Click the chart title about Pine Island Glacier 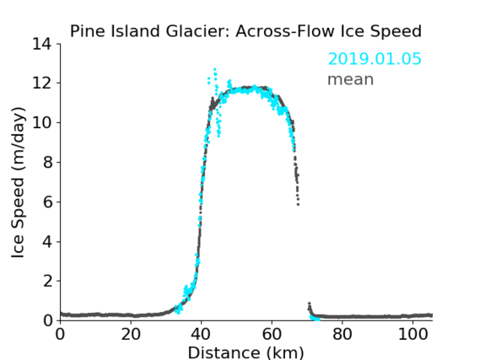coord(245,31)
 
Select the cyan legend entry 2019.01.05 coord(375,59)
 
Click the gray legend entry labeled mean coord(351,79)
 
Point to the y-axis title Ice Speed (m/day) coord(18,183)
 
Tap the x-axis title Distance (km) coord(245,352)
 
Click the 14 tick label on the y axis coord(42,45)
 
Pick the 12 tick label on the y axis coord(42,83)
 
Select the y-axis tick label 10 coord(42,122)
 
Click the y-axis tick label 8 coord(47,162)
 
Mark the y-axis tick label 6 coord(47,201)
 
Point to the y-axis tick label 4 coord(47,242)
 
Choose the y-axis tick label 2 coord(47,281)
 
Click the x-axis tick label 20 coord(131,334)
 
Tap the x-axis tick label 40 coord(201,334)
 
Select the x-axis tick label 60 coord(272,334)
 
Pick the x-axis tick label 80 coord(342,334)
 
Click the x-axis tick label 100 coord(413,334)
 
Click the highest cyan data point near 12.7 coord(215,69)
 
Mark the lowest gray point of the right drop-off coord(298,204)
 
